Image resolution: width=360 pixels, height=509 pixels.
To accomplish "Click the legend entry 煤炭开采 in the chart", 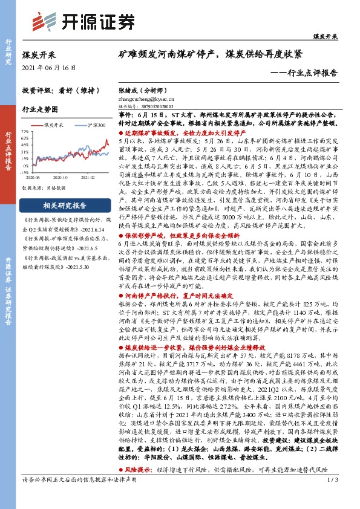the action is point(56,124).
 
